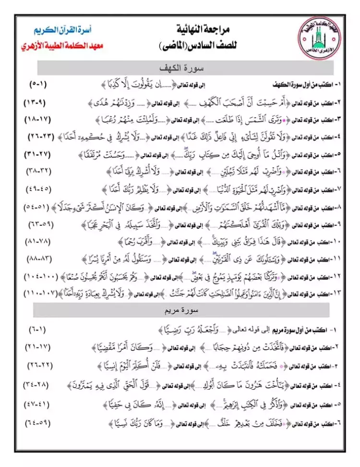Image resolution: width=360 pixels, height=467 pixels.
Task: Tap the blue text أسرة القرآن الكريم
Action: [x=68, y=30]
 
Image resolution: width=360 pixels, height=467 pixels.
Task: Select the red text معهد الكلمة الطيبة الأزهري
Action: [x=62, y=47]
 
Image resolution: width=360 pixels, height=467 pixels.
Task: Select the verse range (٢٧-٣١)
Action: [x=37, y=155]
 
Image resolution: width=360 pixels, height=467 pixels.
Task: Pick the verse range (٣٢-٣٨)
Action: [x=37, y=172]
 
